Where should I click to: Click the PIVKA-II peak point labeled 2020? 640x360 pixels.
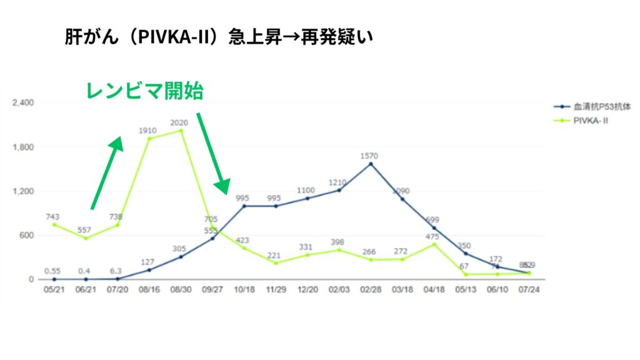click(x=181, y=131)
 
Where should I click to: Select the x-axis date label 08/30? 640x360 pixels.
click(x=181, y=291)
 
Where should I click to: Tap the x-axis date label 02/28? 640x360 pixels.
click(x=371, y=291)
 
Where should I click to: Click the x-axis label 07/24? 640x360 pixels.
click(x=529, y=291)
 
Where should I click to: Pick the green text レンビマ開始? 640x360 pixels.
click(x=144, y=92)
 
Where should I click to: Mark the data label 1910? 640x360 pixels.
click(x=149, y=131)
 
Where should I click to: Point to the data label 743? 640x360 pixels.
click(x=52, y=216)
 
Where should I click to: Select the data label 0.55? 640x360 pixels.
click(x=53, y=271)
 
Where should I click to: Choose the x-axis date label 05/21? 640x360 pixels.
click(x=54, y=291)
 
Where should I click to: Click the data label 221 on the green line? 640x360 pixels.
click(x=275, y=255)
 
